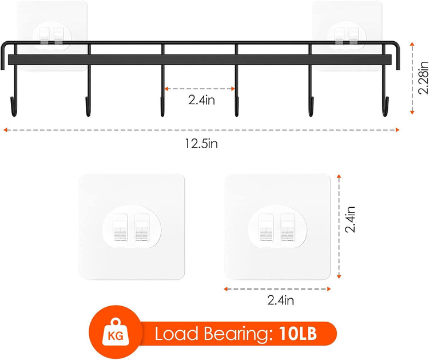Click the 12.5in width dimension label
click(x=201, y=144)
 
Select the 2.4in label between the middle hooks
click(x=201, y=100)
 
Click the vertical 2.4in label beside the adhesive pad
click(x=350, y=219)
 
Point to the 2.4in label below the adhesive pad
click(x=281, y=300)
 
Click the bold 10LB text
click(x=298, y=334)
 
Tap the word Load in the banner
click(x=177, y=334)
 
